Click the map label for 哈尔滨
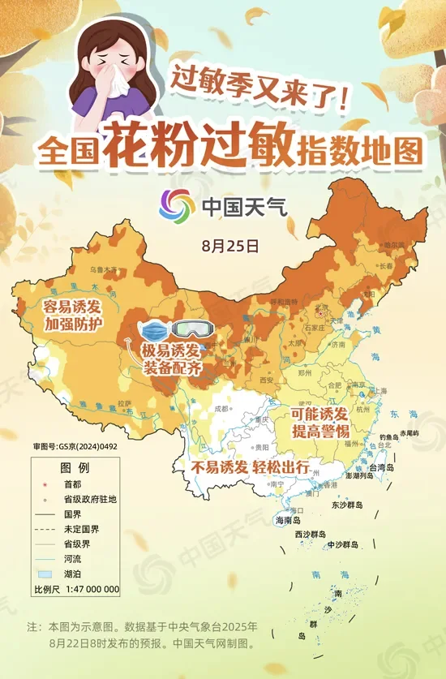tap(393, 244)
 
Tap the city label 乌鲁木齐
tap(103, 269)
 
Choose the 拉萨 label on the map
tap(124, 402)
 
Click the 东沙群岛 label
tap(347, 505)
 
